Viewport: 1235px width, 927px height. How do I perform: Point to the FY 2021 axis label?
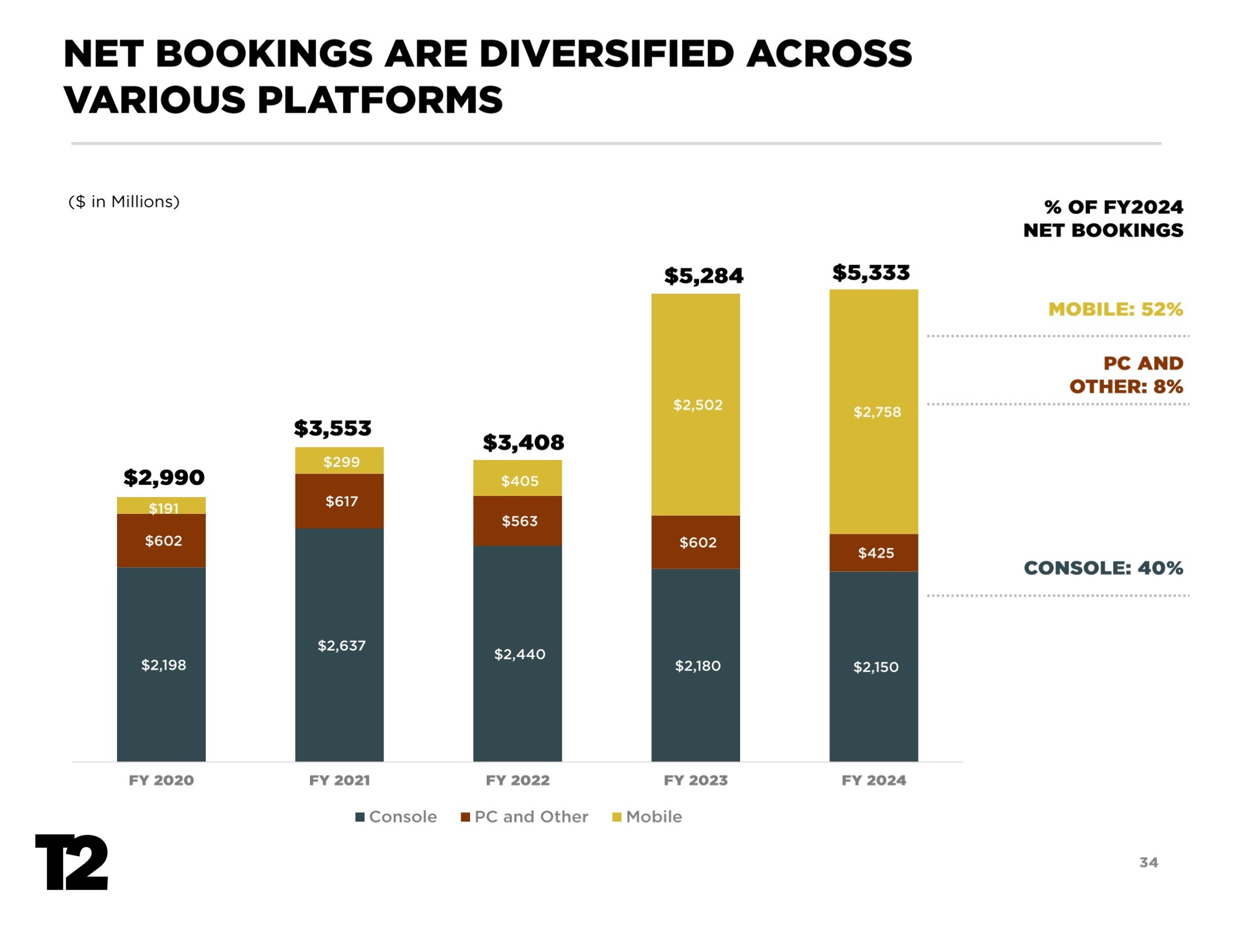[x=339, y=780]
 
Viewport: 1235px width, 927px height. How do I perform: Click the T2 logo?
[x=71, y=862]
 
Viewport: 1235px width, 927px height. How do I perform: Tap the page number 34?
[x=1148, y=863]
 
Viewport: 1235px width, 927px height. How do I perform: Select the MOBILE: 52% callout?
[x=1115, y=309]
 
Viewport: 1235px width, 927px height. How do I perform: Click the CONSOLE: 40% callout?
[x=1103, y=568]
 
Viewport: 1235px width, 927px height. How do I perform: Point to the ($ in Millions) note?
[x=124, y=202]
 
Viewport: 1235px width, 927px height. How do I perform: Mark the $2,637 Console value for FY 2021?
[x=341, y=646]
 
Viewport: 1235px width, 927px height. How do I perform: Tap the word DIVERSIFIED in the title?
[x=606, y=54]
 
